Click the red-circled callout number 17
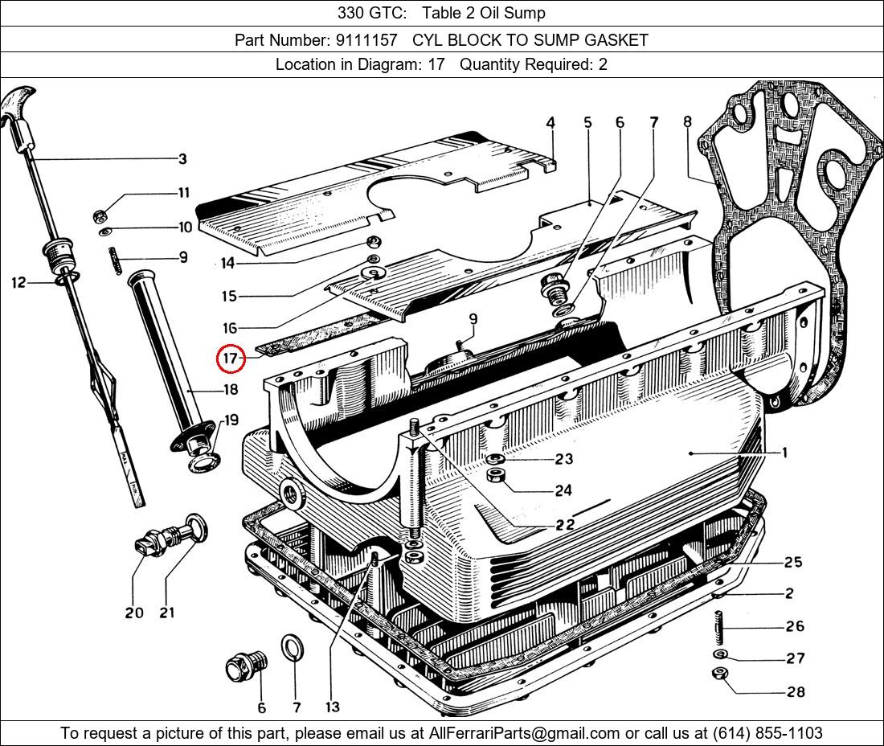click(231, 359)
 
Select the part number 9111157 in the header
click(370, 39)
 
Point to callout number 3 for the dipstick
click(182, 159)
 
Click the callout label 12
click(18, 282)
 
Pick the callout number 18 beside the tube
click(231, 390)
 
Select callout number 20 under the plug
click(134, 613)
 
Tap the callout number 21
click(166, 613)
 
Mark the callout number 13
click(332, 707)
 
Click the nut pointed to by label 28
click(721, 674)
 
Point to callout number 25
click(793, 562)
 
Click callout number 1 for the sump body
click(784, 453)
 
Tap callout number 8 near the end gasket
click(687, 122)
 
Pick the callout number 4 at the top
click(550, 122)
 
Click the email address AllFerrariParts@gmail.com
click(525, 733)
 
